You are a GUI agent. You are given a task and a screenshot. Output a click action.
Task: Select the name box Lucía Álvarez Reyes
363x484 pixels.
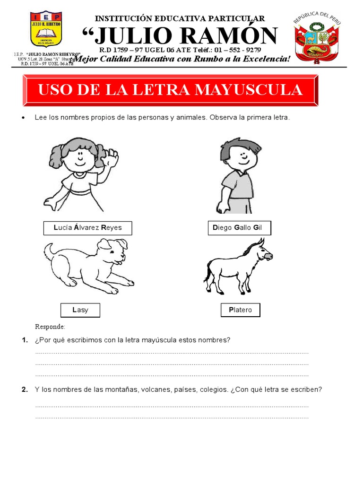[87, 228]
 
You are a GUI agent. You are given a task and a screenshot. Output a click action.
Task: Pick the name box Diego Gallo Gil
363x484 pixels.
[239, 228]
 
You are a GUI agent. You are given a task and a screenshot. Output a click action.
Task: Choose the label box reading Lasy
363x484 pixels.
[80, 310]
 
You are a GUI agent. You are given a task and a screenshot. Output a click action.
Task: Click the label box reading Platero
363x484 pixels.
[241, 310]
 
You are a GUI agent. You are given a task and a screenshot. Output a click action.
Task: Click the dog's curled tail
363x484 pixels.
[49, 249]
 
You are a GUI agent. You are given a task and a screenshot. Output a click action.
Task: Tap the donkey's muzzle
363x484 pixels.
[268, 256]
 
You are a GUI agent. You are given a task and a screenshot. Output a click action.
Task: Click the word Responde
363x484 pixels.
[50, 327]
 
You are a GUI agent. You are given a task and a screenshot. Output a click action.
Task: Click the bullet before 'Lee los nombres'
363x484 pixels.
[23, 117]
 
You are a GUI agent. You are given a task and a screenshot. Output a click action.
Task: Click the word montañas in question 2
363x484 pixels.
[122, 390]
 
